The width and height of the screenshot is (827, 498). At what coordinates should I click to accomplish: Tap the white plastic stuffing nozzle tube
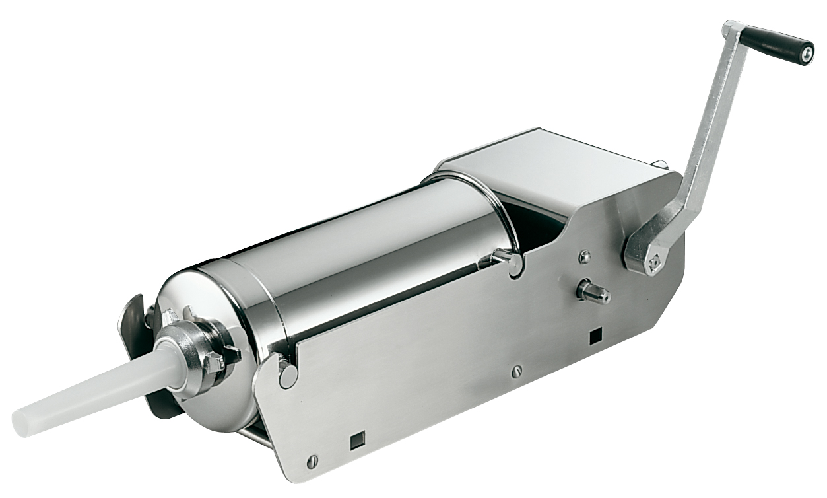click(x=99, y=389)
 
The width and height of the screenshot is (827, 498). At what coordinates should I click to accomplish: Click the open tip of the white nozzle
click(x=21, y=420)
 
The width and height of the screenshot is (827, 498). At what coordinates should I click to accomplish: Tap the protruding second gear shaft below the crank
click(x=593, y=292)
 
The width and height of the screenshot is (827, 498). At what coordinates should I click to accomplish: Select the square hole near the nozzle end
click(x=357, y=438)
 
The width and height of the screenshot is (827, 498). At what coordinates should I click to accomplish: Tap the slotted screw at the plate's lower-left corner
click(x=312, y=460)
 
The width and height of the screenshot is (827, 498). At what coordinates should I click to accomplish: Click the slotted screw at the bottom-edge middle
click(x=517, y=372)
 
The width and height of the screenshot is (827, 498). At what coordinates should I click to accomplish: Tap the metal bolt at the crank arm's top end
click(x=731, y=29)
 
